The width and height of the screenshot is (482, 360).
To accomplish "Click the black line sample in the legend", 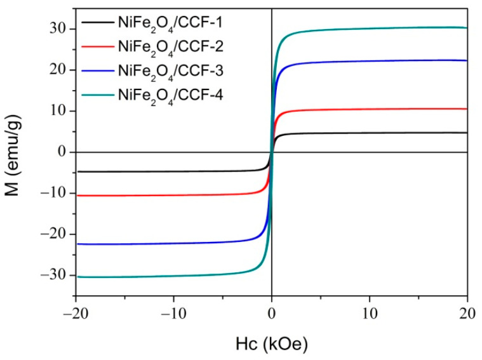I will click(97, 25).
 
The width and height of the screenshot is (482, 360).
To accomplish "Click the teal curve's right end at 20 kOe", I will click(467, 27).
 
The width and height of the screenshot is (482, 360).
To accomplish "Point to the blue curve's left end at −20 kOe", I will click(76, 244).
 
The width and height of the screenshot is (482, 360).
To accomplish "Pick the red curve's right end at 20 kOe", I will click(467, 109).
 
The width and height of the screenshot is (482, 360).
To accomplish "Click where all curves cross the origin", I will click(272, 152).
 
